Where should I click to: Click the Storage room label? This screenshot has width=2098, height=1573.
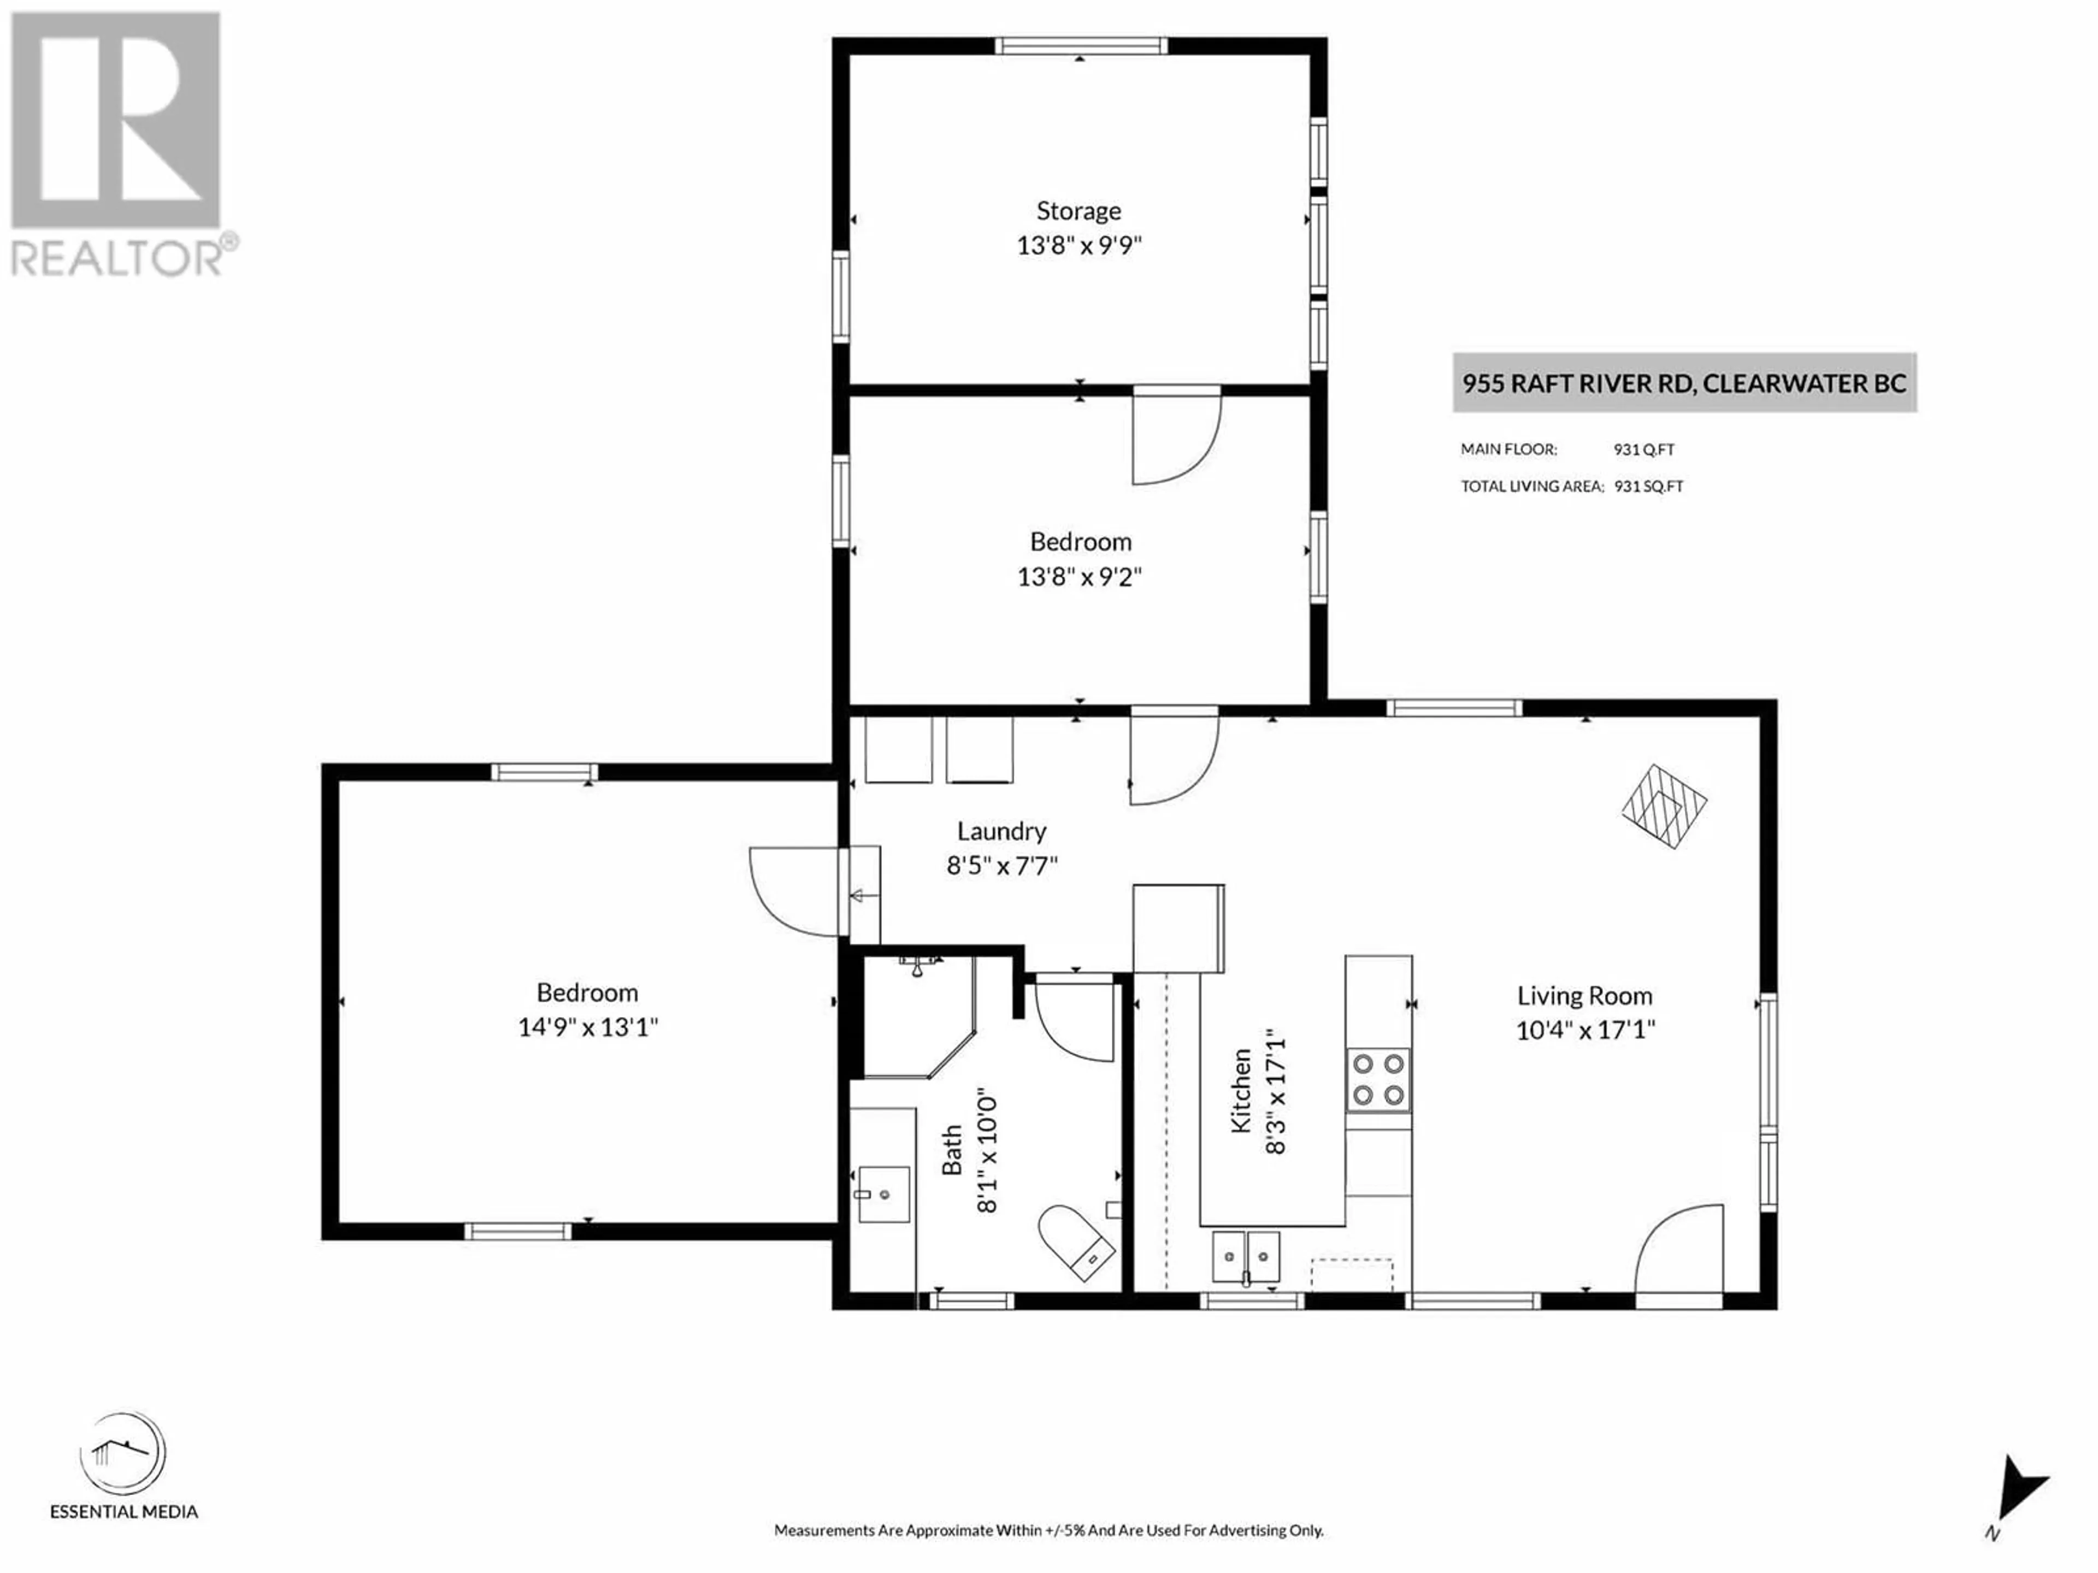[x=1079, y=210]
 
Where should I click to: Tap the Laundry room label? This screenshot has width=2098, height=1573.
[x=1001, y=831]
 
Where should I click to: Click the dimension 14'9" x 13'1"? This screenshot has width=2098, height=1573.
[x=588, y=1027]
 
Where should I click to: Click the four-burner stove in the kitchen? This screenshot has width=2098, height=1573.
[x=1378, y=1080]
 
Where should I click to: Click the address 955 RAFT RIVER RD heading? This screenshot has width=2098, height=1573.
[x=1684, y=383]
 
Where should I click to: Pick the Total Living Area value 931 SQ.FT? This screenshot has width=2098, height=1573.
[x=1648, y=487]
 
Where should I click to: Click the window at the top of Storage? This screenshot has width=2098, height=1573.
[x=1080, y=45]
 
